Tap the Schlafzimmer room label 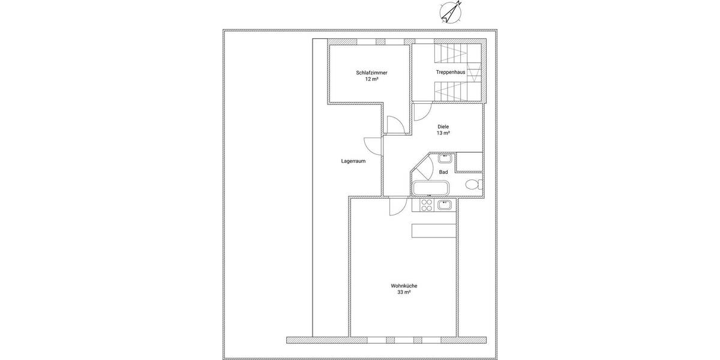pos(371,73)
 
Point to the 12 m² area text pos(371,79)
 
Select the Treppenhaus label pos(450,72)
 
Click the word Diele pos(443,127)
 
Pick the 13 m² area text pos(443,133)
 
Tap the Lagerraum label pos(353,161)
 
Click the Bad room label pos(443,172)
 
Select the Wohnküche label pos(404,286)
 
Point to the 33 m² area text pos(404,292)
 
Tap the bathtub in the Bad pos(430,188)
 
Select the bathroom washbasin pos(445,158)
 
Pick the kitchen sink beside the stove pos(445,205)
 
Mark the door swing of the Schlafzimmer pos(394,125)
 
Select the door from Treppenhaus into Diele pos(421,112)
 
